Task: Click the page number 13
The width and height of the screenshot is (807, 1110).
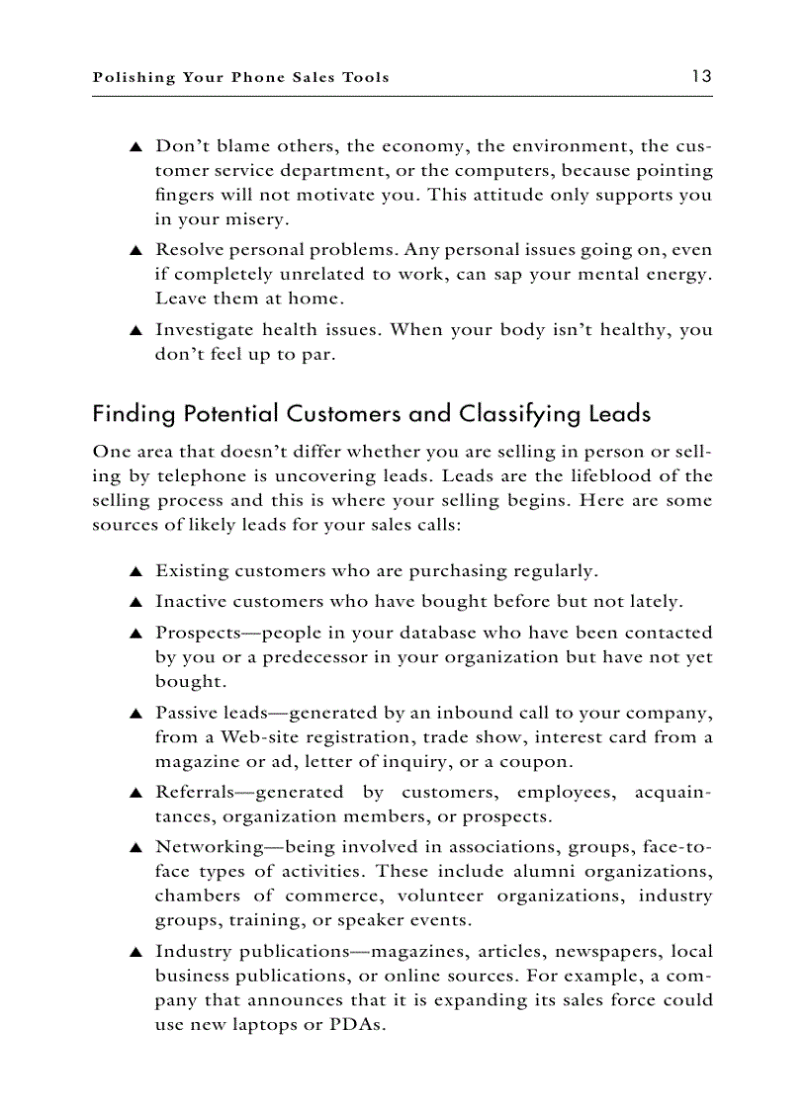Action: click(x=702, y=76)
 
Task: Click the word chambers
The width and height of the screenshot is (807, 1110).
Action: click(x=197, y=897)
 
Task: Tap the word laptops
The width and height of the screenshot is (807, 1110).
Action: click(x=265, y=1025)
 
